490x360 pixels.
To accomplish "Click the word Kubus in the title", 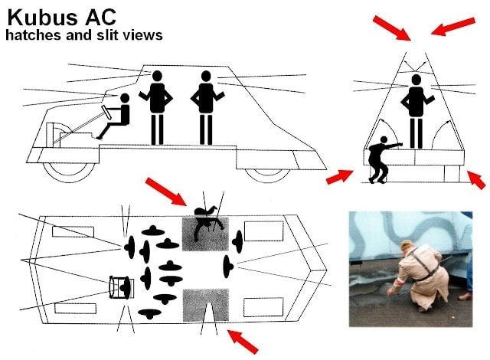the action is click(42, 18).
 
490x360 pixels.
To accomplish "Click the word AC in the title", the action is click(100, 18).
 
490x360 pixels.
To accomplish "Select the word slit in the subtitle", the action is click(108, 34).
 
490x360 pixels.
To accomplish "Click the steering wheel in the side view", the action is click(106, 112).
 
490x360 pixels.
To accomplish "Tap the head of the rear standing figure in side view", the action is click(206, 76).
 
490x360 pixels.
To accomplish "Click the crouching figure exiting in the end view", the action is click(381, 159).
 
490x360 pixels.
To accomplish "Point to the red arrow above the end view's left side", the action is click(392, 28).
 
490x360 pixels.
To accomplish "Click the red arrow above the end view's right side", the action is click(453, 26).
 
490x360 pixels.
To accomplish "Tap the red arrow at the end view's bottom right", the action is click(476, 180).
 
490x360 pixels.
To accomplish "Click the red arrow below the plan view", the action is click(243, 342).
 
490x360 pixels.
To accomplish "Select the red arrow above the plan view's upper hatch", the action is click(166, 191).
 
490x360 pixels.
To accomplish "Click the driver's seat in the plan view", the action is click(122, 287).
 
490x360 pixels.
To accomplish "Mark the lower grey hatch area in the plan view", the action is click(206, 305).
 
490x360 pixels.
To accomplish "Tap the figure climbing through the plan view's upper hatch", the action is click(207, 222).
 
